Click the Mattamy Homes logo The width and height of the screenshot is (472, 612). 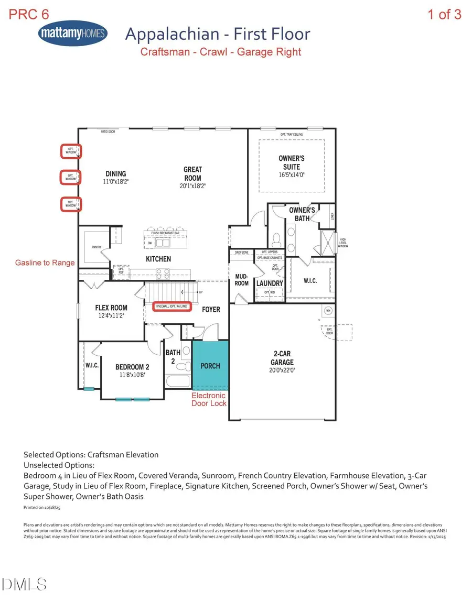click(x=73, y=34)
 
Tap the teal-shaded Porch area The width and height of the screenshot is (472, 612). click(x=210, y=365)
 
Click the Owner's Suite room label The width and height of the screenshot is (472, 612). click(x=292, y=162)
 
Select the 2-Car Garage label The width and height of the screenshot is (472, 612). click(x=282, y=358)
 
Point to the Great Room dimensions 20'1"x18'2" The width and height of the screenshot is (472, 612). click(x=192, y=185)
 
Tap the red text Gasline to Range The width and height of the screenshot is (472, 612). click(x=45, y=263)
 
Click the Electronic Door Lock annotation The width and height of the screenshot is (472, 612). click(x=209, y=399)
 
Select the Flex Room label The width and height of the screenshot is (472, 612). click(x=111, y=308)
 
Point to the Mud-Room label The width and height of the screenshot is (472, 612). click(x=241, y=280)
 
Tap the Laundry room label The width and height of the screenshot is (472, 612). click(x=270, y=283)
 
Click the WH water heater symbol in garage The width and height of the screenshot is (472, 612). click(x=328, y=310)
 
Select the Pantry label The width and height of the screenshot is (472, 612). click(x=96, y=247)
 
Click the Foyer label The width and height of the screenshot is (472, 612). click(x=211, y=309)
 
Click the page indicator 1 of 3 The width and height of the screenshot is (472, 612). click(x=444, y=14)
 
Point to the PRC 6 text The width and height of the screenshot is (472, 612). click(x=29, y=14)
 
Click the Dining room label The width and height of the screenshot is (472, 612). click(x=115, y=174)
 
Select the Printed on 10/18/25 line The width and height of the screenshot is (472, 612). click(x=43, y=508)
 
